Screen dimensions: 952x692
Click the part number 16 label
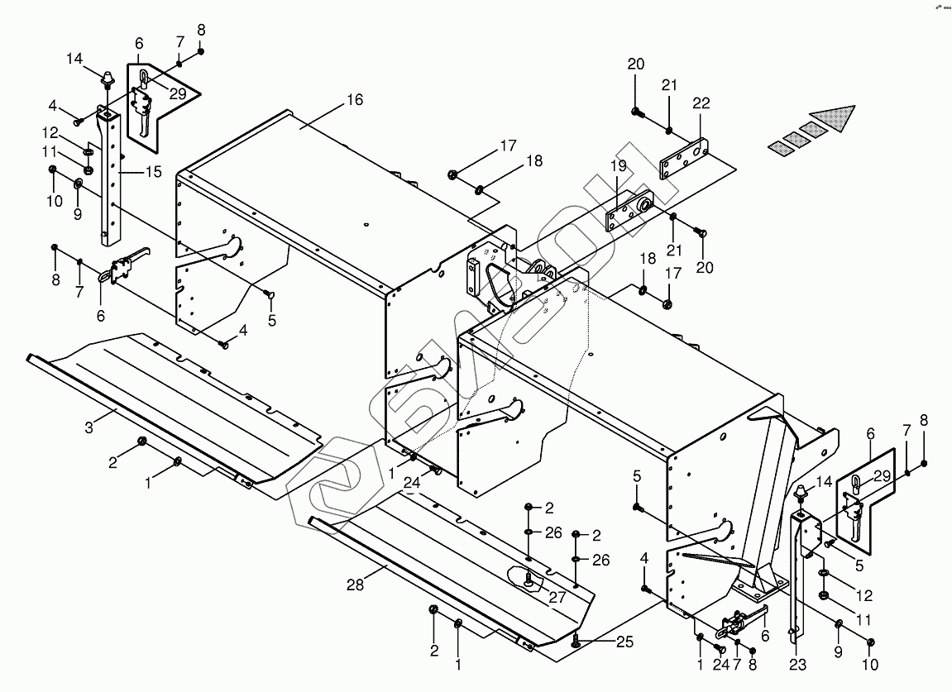coord(355,99)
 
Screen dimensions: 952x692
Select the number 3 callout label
coord(89,427)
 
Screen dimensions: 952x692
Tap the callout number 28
coord(355,585)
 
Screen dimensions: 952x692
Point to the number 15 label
coord(154,172)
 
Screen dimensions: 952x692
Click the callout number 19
coord(618,166)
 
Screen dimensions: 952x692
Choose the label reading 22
coord(701,103)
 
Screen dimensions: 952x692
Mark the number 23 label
coord(798,665)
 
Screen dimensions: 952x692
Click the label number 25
coord(624,642)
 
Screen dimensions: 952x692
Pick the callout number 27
coord(557,597)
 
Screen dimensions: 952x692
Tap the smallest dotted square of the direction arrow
coord(781,146)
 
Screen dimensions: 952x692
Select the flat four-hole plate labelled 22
coord(685,160)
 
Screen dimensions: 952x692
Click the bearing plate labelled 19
coord(629,211)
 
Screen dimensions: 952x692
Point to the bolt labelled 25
coord(575,640)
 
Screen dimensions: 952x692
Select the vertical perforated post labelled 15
coord(111,176)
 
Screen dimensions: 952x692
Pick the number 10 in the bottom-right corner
coord(870,665)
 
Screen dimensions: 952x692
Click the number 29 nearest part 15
coord(178,93)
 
